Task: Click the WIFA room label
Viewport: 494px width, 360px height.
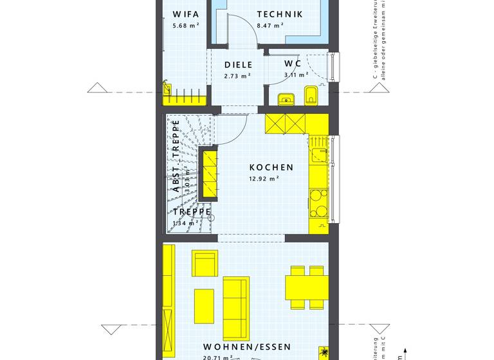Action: [x=186, y=14]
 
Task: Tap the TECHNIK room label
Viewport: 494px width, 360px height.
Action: [x=280, y=14]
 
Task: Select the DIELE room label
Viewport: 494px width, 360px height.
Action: [x=238, y=64]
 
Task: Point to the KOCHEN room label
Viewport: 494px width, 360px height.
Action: [x=271, y=167]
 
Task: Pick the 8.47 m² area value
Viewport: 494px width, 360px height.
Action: [x=270, y=26]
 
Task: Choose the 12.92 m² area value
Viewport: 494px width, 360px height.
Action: [x=264, y=179]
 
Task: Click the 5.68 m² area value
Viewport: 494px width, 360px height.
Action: [x=185, y=26]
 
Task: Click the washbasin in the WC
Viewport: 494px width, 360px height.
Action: [x=285, y=99]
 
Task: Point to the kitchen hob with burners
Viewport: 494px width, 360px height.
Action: [x=318, y=204]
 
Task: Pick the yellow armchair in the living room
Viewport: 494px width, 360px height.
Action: [x=205, y=264]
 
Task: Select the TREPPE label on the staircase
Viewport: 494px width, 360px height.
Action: [x=192, y=212]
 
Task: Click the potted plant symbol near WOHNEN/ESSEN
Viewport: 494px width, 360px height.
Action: [x=324, y=354]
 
